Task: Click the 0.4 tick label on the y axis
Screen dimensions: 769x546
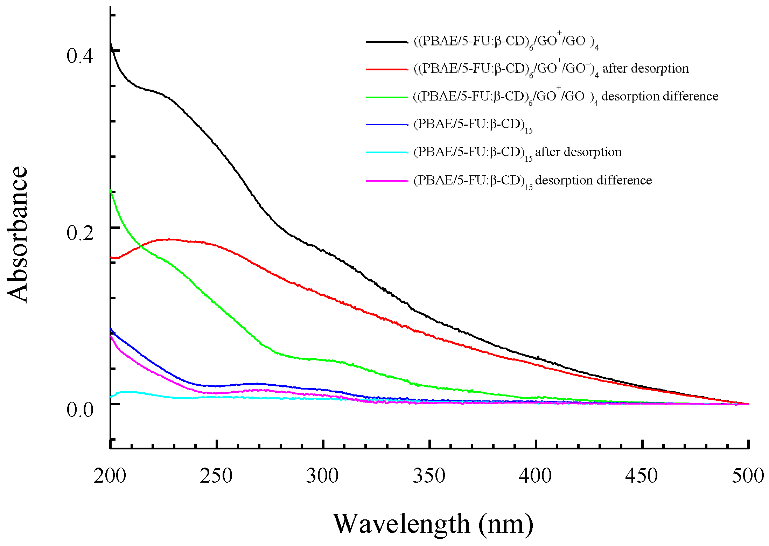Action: [80, 56]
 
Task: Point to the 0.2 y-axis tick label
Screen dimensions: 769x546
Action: [80, 233]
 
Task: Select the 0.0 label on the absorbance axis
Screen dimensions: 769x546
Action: [80, 409]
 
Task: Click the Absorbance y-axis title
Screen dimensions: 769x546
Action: [18, 234]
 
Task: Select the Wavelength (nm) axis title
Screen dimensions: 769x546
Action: [433, 524]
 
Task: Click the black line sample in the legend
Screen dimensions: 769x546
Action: [387, 42]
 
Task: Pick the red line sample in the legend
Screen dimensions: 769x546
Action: [387, 69]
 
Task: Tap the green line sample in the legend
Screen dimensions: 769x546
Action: [387, 97]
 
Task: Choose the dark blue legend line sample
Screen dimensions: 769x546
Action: [387, 125]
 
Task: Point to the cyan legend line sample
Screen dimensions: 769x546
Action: [387, 153]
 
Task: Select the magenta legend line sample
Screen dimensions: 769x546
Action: [387, 181]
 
